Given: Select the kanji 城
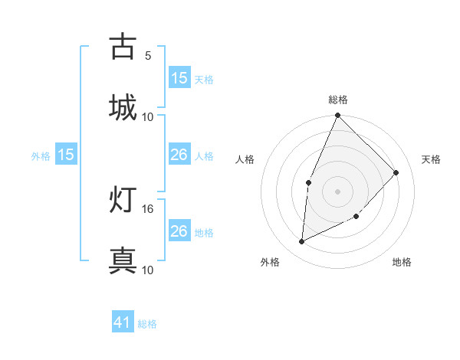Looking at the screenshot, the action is click(x=123, y=106).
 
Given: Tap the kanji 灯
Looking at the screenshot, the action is click(x=123, y=199).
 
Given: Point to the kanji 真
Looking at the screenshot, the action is click(x=123, y=260).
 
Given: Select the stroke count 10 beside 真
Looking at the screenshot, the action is click(x=148, y=270).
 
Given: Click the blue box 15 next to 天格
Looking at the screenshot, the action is click(x=179, y=78).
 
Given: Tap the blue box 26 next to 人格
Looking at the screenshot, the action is click(x=179, y=155).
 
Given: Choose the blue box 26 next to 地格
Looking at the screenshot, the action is click(x=179, y=231).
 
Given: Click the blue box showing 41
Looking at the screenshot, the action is click(x=123, y=323).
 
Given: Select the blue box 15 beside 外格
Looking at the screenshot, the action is click(x=66, y=155).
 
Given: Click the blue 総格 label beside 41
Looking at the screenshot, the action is click(x=147, y=324).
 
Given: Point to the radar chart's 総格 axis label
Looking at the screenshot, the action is click(x=338, y=100).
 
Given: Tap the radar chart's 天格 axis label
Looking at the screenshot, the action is click(x=431, y=159).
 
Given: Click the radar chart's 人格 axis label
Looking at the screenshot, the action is click(x=245, y=159).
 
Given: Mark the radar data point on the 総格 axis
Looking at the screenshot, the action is click(x=338, y=116).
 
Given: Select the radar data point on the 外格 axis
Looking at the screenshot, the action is click(x=302, y=242).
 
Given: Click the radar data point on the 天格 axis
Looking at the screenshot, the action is click(x=396, y=172).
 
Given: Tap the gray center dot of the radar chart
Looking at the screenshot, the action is click(x=338, y=191).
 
